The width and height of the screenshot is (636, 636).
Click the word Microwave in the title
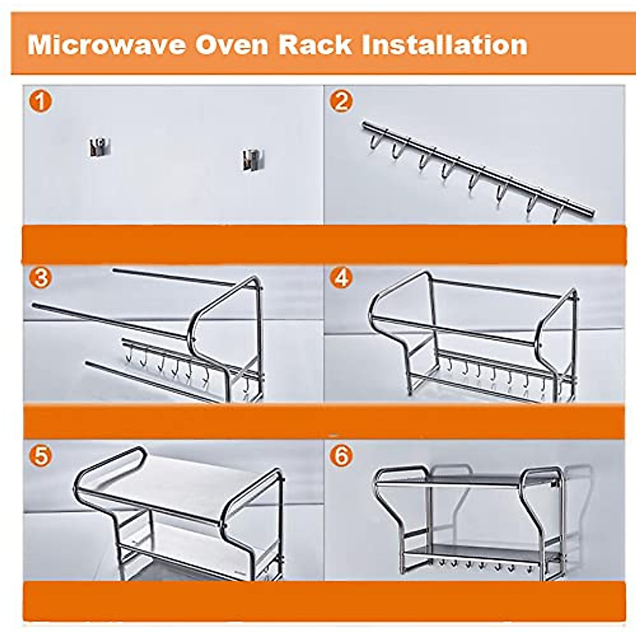tap(106, 45)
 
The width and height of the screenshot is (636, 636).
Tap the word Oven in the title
tap(232, 45)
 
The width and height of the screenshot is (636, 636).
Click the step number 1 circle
tap(40, 101)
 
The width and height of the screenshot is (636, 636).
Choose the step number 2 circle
tap(341, 101)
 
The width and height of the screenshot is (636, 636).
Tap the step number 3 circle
tap(40, 278)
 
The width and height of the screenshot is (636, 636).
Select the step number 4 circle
tap(341, 278)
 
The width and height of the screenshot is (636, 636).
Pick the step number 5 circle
tap(40, 456)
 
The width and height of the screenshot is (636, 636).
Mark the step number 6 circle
tap(341, 456)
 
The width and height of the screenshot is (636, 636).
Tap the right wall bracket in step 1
tap(251, 159)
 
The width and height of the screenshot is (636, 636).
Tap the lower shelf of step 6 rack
tap(477, 551)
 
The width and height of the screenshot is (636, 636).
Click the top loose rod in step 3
tap(175, 278)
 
